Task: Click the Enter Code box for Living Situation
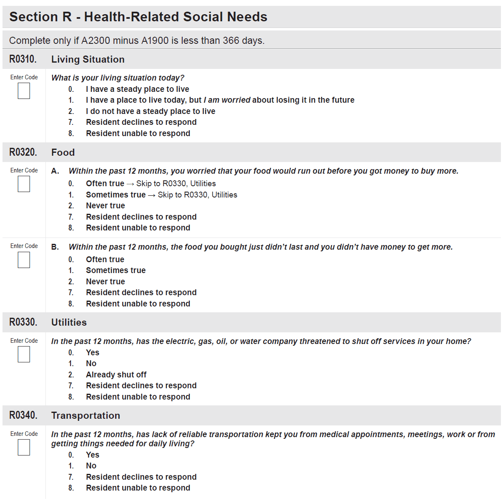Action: [24, 91]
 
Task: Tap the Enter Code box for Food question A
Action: [24, 184]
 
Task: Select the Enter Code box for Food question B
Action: [24, 260]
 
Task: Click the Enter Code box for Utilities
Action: [24, 354]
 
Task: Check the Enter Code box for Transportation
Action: [24, 448]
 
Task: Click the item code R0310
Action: [23, 59]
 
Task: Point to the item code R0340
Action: [23, 415]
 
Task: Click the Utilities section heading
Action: [69, 322]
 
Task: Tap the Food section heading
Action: [63, 152]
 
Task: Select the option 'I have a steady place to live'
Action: [137, 89]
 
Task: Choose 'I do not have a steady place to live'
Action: [150, 111]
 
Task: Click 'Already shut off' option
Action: [116, 374]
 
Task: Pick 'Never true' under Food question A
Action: [105, 205]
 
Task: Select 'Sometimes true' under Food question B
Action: [116, 270]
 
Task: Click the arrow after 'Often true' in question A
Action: [130, 184]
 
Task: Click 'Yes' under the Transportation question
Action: [92, 455]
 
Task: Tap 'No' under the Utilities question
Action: [91, 363]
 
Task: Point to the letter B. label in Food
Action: [55, 247]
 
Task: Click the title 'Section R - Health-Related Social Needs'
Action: [138, 17]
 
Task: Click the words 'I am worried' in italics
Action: [227, 100]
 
